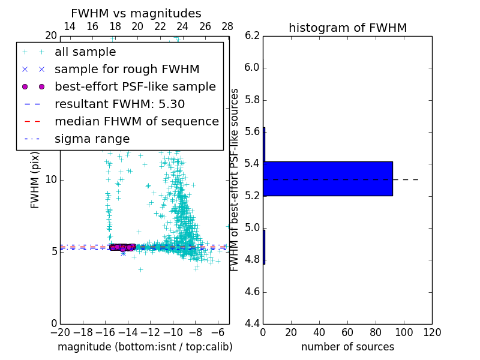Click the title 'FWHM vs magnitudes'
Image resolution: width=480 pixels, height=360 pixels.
click(136, 13)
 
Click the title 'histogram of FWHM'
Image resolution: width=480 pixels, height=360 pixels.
click(347, 28)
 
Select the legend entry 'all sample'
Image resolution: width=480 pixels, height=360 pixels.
click(85, 52)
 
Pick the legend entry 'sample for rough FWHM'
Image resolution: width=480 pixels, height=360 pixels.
click(127, 69)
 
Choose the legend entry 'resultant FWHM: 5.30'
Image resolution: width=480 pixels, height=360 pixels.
click(119, 104)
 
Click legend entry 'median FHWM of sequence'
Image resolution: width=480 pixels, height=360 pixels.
click(136, 121)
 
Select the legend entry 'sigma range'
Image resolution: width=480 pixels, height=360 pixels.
click(92, 139)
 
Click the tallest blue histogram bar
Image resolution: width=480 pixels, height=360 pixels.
click(328, 179)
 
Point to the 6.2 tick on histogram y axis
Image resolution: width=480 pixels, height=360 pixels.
click(251, 35)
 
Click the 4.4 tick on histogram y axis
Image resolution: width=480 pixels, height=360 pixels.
click(251, 324)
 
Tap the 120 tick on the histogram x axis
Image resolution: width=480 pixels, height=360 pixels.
click(432, 332)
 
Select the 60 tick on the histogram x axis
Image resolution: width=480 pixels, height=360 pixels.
click(347, 332)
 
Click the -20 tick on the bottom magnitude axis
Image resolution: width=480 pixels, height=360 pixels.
click(60, 332)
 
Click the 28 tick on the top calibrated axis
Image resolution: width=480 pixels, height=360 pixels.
click(227, 26)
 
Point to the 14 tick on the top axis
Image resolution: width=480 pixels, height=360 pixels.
click(70, 26)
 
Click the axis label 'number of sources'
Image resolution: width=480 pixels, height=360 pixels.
click(347, 347)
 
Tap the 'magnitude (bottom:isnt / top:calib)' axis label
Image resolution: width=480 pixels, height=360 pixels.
click(145, 347)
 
